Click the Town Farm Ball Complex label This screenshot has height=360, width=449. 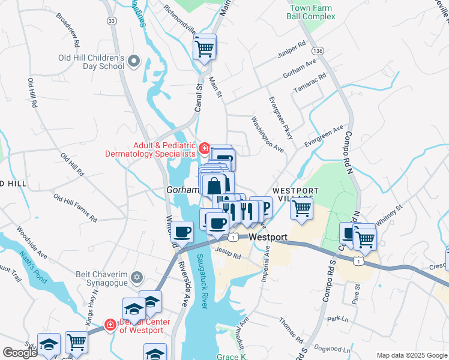[x=312, y=12]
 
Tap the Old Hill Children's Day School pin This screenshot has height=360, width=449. [x=133, y=61]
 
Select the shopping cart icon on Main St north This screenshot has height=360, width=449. [x=205, y=47]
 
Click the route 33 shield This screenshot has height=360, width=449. [x=111, y=20]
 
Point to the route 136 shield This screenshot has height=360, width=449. [x=318, y=51]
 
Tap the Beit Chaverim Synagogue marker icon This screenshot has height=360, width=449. [x=137, y=277]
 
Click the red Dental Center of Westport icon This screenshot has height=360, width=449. [x=110, y=325]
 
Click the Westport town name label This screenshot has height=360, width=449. [x=268, y=236]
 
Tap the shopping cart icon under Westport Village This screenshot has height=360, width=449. [x=301, y=209]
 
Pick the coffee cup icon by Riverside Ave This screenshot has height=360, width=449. [x=182, y=231]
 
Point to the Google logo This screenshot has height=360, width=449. [x=20, y=353]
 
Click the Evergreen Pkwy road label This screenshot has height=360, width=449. [x=280, y=118]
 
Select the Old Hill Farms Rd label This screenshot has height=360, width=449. [x=75, y=205]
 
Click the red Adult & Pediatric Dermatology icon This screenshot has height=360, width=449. [x=204, y=148]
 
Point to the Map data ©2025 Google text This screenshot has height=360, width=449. [x=412, y=355]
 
